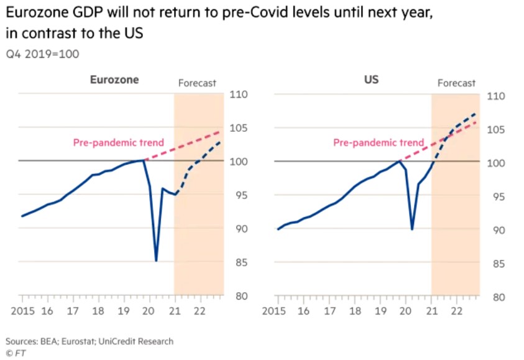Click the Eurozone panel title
[x=114, y=80]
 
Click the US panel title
[x=371, y=80]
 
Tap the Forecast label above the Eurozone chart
[x=197, y=83]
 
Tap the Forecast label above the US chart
[x=456, y=83]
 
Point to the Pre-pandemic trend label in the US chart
[x=379, y=142]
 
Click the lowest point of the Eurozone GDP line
[x=156, y=261]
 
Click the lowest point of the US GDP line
[x=411, y=229]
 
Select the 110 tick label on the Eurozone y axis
[x=239, y=95]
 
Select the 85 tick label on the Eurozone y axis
[x=239, y=262]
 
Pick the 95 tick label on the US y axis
[x=496, y=196]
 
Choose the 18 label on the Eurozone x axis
[x=98, y=310]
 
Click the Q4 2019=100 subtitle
[x=43, y=54]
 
